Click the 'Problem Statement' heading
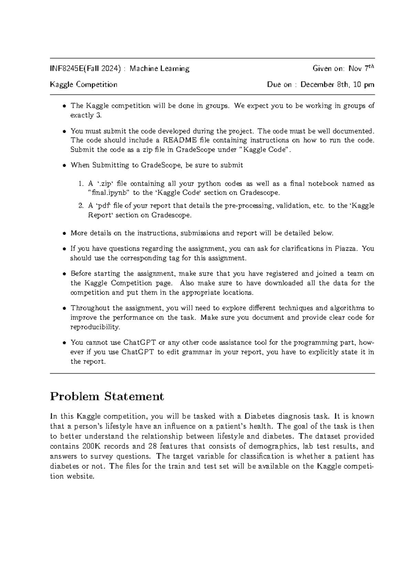click(x=107, y=396)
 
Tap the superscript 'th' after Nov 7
click(x=371, y=66)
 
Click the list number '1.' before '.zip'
click(x=81, y=184)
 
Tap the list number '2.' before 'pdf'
click(x=81, y=206)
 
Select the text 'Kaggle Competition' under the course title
click(x=84, y=85)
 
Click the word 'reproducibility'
click(x=95, y=327)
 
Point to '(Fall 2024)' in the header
click(x=104, y=69)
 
